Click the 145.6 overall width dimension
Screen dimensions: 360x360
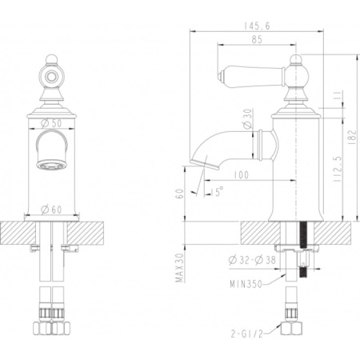[x=257, y=26]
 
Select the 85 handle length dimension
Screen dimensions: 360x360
[x=257, y=39]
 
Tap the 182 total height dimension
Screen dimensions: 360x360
[x=352, y=137]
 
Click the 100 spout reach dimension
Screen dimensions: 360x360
[x=241, y=175]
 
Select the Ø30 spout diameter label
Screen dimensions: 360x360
[x=248, y=119]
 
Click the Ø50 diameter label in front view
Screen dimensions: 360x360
[x=51, y=123]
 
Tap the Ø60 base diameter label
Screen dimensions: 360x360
[x=51, y=210]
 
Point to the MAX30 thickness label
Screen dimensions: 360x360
[x=180, y=267]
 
